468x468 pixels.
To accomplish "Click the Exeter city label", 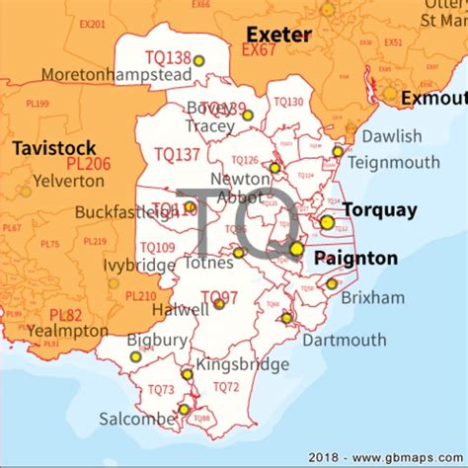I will (279, 35).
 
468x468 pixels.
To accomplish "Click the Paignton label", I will (355, 259).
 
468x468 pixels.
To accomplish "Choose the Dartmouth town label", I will (344, 341).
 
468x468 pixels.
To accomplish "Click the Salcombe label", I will (136, 419).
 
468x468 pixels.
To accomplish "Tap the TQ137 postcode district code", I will (178, 154).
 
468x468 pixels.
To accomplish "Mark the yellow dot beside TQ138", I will (198, 60).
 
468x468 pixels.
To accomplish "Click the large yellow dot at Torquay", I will (327, 222).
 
